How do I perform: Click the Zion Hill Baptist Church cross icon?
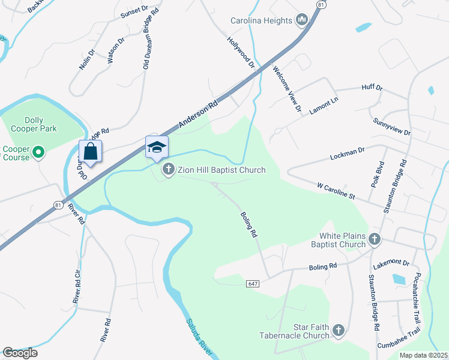[168, 170]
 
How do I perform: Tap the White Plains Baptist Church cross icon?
[374, 240]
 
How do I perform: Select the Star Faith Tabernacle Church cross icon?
[339, 331]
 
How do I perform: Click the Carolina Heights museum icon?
[301, 20]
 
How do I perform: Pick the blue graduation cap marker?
[157, 147]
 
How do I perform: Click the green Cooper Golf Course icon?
[38, 153]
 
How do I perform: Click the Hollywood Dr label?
[241, 52]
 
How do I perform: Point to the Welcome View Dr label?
[286, 89]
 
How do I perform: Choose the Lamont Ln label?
[324, 106]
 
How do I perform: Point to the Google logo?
[20, 353]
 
